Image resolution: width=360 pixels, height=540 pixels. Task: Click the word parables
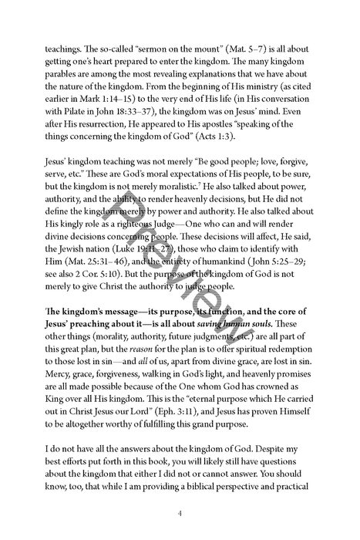(x=72, y=76)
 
